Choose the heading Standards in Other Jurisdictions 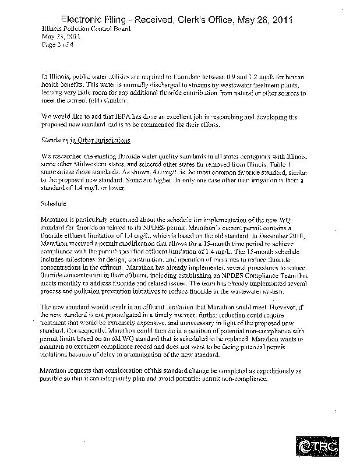click(86, 141)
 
